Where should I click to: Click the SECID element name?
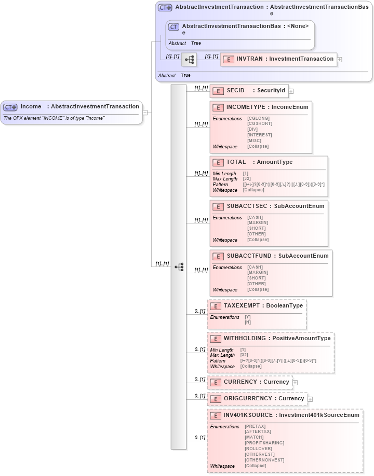[235, 90]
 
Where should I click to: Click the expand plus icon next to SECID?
[291, 91]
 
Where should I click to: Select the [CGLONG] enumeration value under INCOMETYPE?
[258, 118]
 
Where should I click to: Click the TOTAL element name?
[236, 162]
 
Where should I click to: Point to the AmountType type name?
[275, 162]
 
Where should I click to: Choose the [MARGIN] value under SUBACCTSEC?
[258, 222]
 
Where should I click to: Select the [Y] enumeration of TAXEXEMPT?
[247, 317]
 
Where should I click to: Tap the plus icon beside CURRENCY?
[295, 383]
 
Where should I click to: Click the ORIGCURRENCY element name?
[248, 398]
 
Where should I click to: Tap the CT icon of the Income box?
[10, 107]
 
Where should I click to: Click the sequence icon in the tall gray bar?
[179, 267]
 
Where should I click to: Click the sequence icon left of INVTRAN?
[189, 60]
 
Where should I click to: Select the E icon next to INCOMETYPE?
[218, 107]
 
